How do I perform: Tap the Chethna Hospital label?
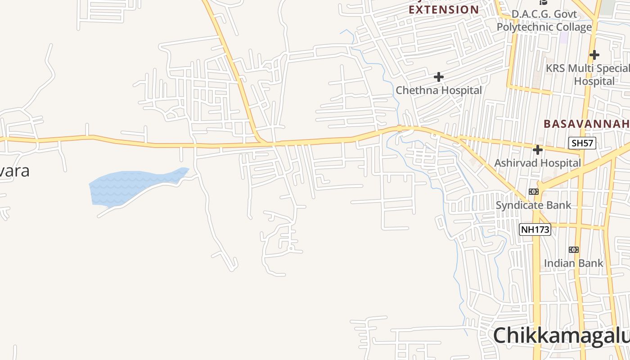coord(439,90)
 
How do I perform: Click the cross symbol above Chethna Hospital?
coord(439,77)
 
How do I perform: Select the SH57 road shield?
coord(582,144)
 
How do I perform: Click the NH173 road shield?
coord(535,229)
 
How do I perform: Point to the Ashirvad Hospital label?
coord(538,163)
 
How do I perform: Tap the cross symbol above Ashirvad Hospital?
coord(537,149)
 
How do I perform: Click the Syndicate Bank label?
coord(533,205)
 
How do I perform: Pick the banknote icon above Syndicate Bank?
coord(534,192)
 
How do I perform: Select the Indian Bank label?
coord(573,263)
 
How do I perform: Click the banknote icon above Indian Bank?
coord(573,249)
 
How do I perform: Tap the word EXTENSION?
coord(444,9)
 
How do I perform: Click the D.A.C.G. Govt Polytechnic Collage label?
coord(544,21)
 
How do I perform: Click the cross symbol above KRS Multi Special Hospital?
coord(594,55)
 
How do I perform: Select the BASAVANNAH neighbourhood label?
coord(586,124)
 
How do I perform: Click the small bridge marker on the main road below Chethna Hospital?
coord(399,128)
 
